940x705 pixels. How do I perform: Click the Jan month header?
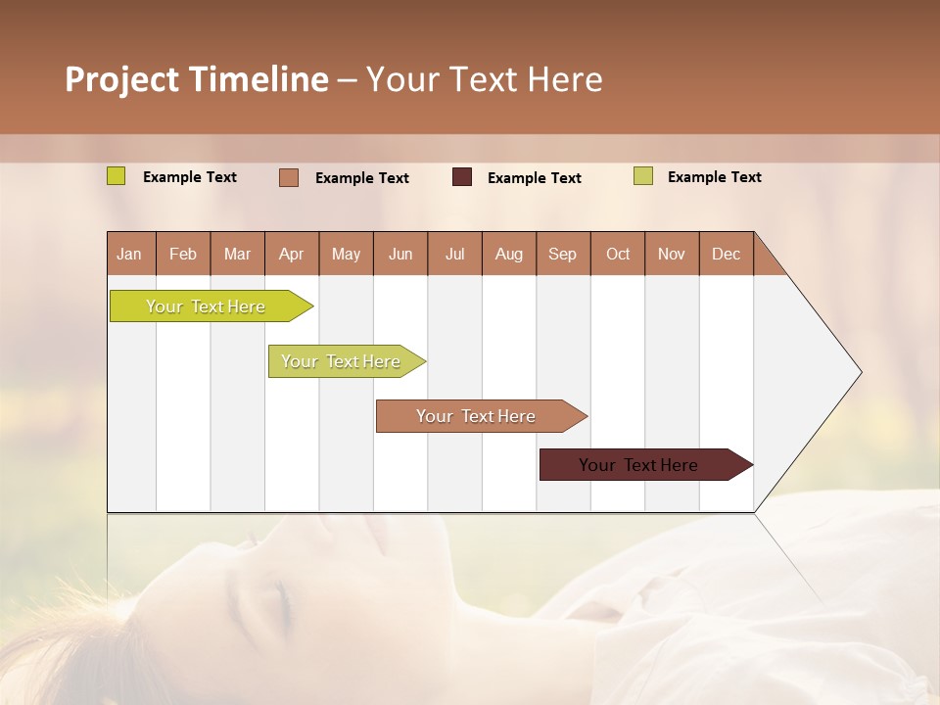(x=129, y=254)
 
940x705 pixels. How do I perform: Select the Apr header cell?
(x=291, y=254)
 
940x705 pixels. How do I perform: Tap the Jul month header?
(x=454, y=254)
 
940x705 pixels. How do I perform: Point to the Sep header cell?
(x=562, y=254)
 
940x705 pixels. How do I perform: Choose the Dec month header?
(x=726, y=254)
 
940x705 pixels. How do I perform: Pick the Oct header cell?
(x=617, y=254)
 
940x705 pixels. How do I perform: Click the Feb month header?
(x=183, y=254)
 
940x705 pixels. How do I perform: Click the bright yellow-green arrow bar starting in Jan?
(x=206, y=306)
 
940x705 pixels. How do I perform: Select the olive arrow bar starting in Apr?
(x=341, y=361)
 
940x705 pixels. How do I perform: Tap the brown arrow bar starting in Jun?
(x=476, y=416)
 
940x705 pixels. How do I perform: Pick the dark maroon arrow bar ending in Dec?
(x=638, y=465)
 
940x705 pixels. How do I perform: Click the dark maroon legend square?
(x=462, y=177)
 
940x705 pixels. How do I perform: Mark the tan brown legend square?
(x=289, y=177)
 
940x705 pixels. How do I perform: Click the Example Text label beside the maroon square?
(x=534, y=178)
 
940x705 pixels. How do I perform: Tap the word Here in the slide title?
(x=565, y=79)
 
